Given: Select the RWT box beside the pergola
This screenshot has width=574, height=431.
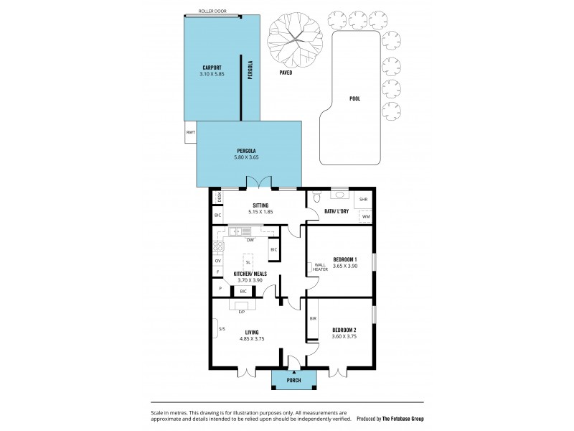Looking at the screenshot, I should point(190,133).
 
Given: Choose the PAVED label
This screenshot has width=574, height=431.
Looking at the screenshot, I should point(285,73).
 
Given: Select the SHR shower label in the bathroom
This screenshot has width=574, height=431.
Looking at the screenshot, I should point(363,199).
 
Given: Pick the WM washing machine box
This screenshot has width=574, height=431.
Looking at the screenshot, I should point(365,216).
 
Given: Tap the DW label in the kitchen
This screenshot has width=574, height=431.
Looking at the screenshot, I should point(250,240).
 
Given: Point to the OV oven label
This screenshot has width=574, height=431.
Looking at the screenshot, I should point(217,261).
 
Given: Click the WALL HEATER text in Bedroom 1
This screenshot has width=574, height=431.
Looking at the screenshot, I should point(320,267).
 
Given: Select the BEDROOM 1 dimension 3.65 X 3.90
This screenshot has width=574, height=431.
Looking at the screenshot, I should point(344,267).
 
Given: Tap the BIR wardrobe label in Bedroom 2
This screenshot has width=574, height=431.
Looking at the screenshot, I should point(313,318).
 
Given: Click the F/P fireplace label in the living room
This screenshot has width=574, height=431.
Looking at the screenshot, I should point(241,312).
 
